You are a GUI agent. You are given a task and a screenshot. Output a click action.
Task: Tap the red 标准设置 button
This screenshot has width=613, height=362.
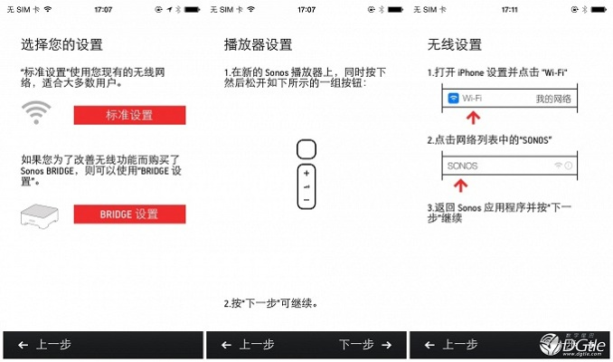tap(129, 115)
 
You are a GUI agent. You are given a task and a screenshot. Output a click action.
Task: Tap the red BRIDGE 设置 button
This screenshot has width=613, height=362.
tap(129, 214)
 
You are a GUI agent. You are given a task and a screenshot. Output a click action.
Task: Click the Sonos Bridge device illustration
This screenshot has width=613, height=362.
tap(39, 214)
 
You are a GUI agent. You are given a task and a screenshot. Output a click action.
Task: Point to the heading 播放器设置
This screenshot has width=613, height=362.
tap(258, 44)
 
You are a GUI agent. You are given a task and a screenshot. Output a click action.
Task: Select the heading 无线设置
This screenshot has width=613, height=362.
tap(454, 44)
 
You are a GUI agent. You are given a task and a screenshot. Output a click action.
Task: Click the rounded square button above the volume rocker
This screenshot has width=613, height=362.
tap(306, 148)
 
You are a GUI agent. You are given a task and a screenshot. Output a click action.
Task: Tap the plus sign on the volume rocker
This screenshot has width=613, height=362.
tap(306, 172)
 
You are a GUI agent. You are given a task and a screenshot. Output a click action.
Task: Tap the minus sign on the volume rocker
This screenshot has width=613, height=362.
tap(306, 199)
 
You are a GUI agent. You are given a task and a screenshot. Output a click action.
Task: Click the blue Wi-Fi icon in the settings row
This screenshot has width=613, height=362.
tap(451, 98)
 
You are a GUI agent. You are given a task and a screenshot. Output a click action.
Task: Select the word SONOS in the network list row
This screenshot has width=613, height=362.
tap(462, 167)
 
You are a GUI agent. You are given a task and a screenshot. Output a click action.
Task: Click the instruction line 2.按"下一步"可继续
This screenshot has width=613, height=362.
tap(270, 302)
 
